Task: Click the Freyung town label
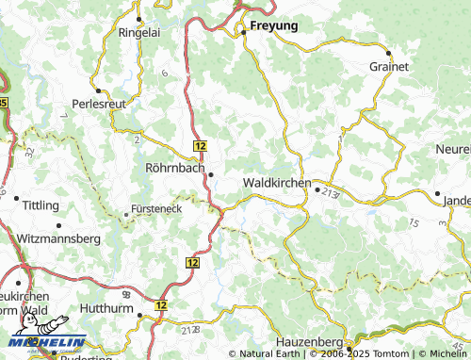point(274,26)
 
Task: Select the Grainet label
point(389,67)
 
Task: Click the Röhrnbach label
point(176,169)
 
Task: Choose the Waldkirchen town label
point(276,182)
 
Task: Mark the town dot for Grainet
point(387,53)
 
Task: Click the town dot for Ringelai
point(139,18)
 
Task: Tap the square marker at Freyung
point(242,32)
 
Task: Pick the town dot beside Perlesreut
point(98,91)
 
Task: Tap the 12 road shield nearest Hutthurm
point(161,305)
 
